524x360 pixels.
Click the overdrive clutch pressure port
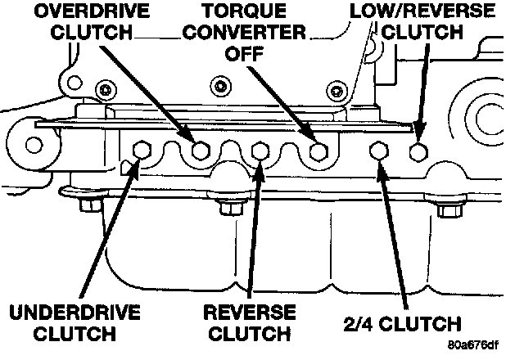201,150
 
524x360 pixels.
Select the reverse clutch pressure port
261,150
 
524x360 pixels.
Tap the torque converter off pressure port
320,150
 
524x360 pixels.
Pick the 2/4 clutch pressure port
379,151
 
